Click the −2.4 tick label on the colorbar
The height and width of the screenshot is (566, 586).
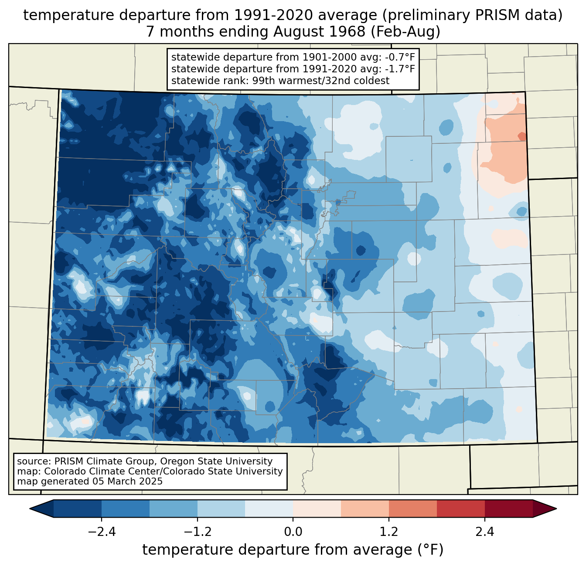point(102,532)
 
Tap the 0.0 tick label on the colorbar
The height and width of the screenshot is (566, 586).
point(293,532)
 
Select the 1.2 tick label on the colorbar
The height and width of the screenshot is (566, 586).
point(389,532)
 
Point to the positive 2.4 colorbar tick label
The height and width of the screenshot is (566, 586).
point(485,532)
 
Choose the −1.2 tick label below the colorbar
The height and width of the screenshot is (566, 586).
point(198,532)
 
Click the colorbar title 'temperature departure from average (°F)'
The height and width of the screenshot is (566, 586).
point(293,550)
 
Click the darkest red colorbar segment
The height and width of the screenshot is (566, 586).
point(508,508)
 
